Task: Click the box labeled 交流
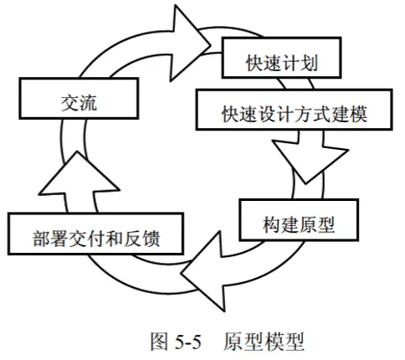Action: [79, 99]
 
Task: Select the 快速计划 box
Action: [282, 58]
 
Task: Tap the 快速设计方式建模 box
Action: [295, 110]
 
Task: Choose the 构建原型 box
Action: [299, 220]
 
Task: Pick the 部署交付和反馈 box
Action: [95, 234]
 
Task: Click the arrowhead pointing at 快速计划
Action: [190, 44]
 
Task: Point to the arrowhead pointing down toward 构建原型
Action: [310, 162]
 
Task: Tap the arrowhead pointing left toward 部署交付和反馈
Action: [203, 271]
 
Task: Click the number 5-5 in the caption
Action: [188, 342]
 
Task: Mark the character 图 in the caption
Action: [160, 341]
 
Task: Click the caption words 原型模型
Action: [264, 341]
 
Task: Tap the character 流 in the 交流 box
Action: [88, 103]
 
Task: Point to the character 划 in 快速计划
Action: [309, 63]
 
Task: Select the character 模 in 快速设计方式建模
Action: [358, 114]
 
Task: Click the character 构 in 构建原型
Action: [272, 224]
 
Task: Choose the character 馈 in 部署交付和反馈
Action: [151, 239]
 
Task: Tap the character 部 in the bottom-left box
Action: [42, 239]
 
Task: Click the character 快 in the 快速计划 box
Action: [255, 63]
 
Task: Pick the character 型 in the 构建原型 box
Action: [326, 224]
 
